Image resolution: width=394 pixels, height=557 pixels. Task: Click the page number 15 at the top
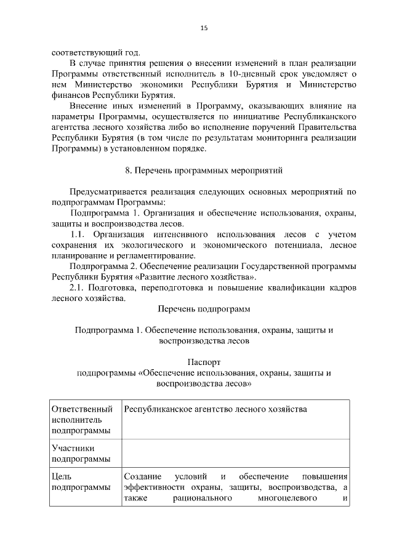pos(204,28)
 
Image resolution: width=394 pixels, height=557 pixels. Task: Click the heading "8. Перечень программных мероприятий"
pos(204,169)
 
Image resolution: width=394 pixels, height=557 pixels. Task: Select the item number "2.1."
pos(79,287)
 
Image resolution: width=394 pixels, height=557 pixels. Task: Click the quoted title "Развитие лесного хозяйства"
pos(203,277)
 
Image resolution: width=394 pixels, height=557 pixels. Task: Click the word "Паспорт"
pos(204,362)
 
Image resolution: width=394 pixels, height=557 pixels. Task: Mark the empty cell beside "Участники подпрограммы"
pos(235,454)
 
